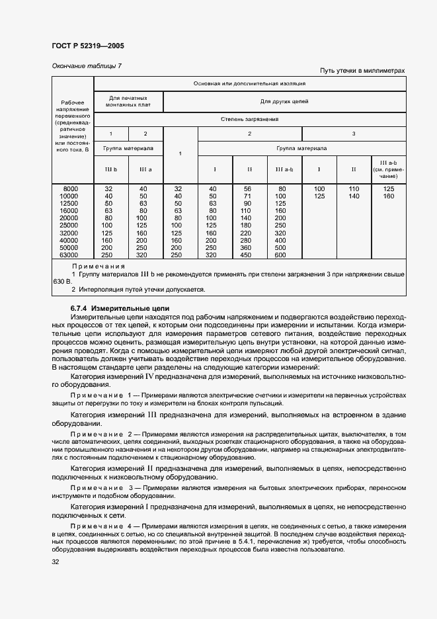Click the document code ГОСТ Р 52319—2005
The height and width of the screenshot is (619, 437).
[x=88, y=46]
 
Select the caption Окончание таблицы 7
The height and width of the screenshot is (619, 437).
[x=86, y=65]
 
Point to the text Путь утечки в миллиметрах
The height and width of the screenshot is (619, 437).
[x=362, y=71]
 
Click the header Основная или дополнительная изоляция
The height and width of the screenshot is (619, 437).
[x=249, y=84]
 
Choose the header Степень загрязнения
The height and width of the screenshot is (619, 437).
[x=249, y=120]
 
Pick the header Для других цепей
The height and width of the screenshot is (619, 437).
[x=284, y=102]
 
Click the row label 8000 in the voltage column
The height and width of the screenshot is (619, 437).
[x=69, y=189]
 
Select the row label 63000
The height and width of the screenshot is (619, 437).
[x=69, y=255]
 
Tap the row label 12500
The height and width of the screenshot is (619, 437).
[x=69, y=204]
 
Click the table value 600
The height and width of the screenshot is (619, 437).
[x=280, y=255]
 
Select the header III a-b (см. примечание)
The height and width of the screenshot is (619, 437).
[x=388, y=169]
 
